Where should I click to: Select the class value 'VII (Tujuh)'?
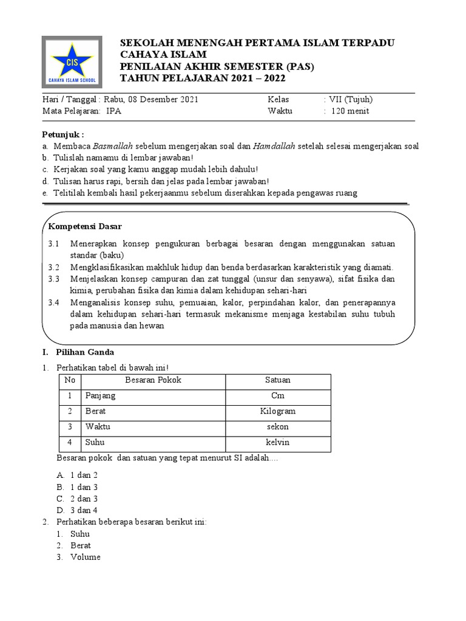point(351,99)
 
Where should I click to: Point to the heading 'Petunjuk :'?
point(63,134)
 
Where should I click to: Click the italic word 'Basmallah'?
point(113,146)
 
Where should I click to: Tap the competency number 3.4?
point(54,302)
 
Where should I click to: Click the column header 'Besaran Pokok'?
point(153,380)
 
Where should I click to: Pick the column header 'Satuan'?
point(277,380)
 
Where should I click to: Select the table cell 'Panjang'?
point(101,396)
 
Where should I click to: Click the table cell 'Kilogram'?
point(277,411)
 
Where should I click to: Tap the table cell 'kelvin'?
point(277,443)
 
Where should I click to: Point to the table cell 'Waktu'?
point(98,427)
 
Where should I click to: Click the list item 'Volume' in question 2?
point(86,557)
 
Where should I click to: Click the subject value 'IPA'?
point(113,111)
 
